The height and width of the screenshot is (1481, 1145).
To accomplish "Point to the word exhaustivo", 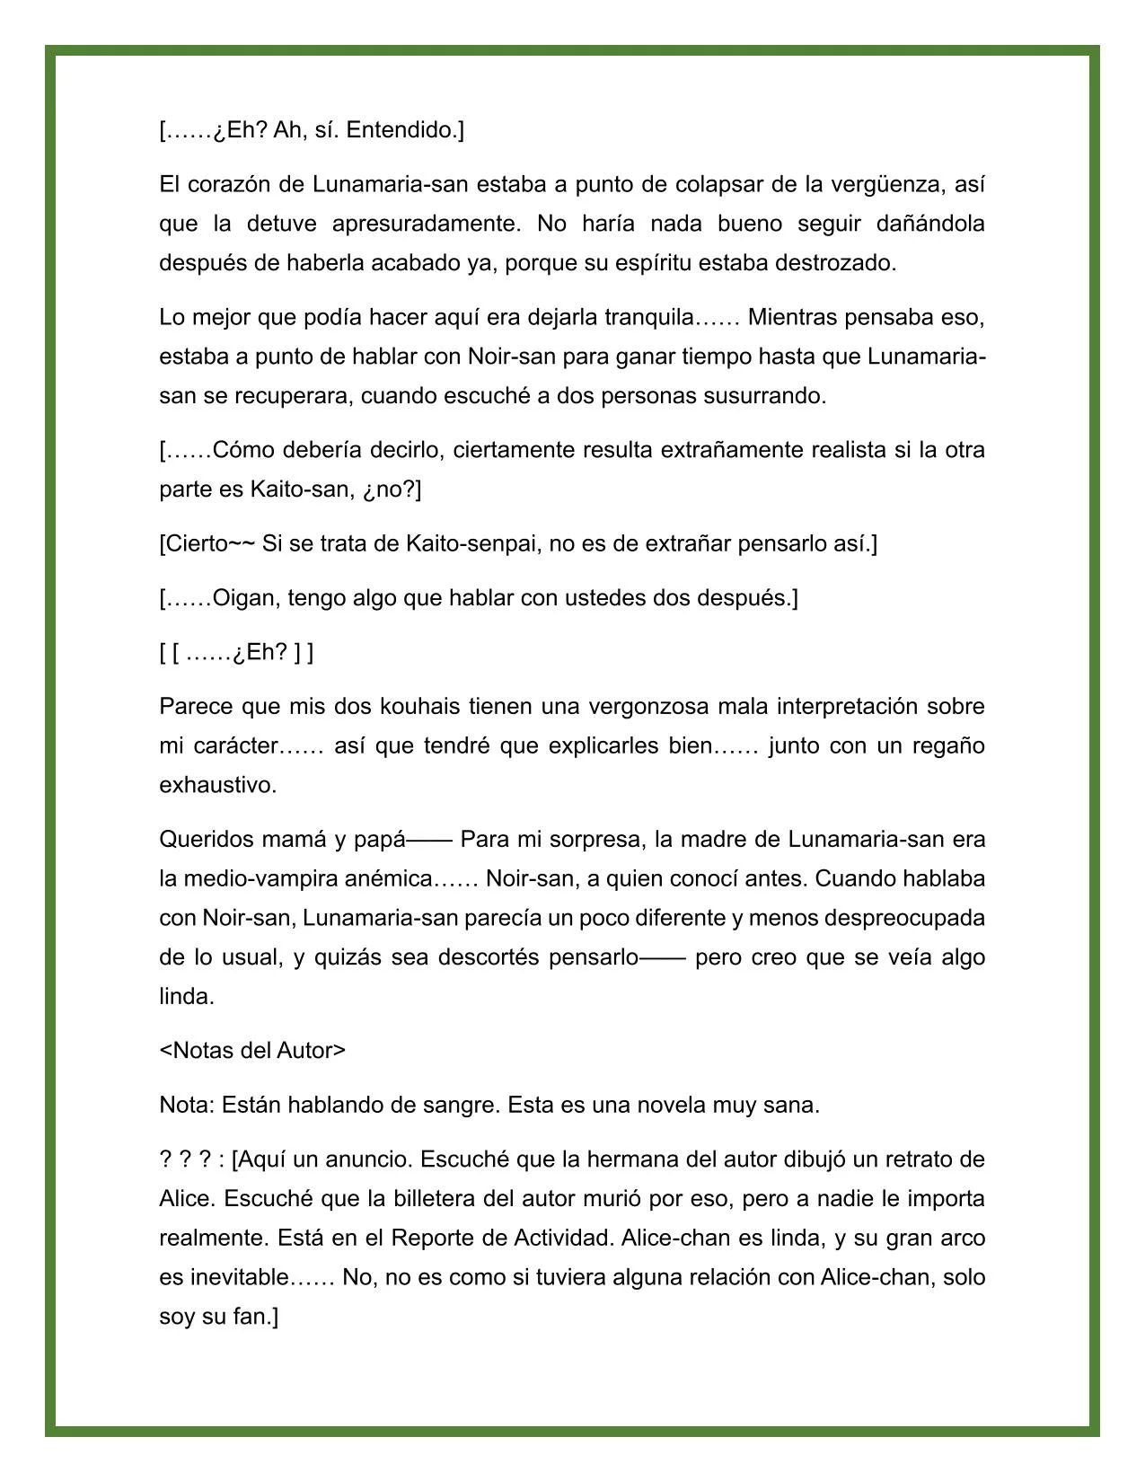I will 217,785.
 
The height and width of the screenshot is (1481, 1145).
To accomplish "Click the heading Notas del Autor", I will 252,1051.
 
